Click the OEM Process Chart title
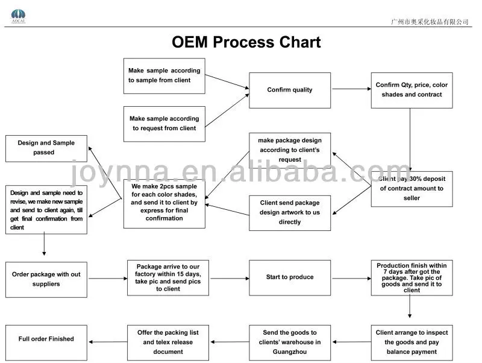click(x=246, y=42)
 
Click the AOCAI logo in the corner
click(x=19, y=14)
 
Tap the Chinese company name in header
click(x=429, y=22)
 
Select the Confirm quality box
click(x=290, y=90)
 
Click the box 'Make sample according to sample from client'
click(x=164, y=75)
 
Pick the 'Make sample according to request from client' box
click(x=164, y=124)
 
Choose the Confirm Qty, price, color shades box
click(x=412, y=90)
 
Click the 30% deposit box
click(x=412, y=189)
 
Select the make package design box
click(x=290, y=150)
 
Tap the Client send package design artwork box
click(x=290, y=212)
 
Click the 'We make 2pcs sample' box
click(x=164, y=204)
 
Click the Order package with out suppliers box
click(x=46, y=279)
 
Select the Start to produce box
click(x=290, y=277)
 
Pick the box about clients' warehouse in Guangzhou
click(x=290, y=342)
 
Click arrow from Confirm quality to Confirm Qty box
click(x=351, y=89)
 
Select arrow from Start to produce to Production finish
click(x=351, y=278)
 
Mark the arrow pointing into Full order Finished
click(x=107, y=342)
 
